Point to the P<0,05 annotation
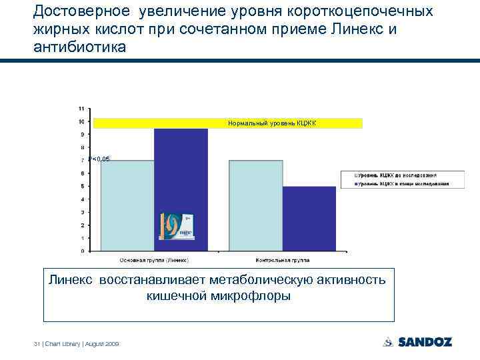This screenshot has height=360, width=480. pyautogui.click(x=99, y=159)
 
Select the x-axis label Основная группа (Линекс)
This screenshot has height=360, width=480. pyautogui.click(x=154, y=260)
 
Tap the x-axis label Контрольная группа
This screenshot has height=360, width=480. pyautogui.click(x=283, y=260)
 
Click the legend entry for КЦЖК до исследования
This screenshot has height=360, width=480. pyautogui.click(x=403, y=175)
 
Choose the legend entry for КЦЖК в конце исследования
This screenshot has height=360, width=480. pyautogui.click(x=403, y=183)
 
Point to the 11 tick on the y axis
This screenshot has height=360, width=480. pyautogui.click(x=81, y=109)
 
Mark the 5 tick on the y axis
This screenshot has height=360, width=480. pyautogui.click(x=82, y=187)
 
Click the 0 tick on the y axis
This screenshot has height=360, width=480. pyautogui.click(x=82, y=251)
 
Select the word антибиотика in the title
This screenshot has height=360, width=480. pyautogui.click(x=77, y=49)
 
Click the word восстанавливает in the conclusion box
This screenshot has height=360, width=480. pyautogui.click(x=154, y=279)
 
